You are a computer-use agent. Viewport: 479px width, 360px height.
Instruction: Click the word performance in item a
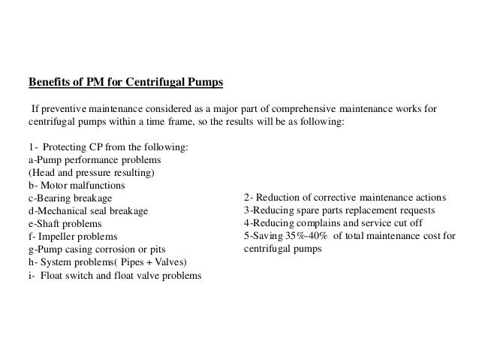[x=95, y=160]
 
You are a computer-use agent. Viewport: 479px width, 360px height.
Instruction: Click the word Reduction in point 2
[x=280, y=198]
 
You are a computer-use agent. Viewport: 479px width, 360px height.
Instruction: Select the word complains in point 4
[x=324, y=224]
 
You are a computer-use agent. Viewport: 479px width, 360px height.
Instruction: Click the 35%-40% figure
[x=304, y=237]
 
